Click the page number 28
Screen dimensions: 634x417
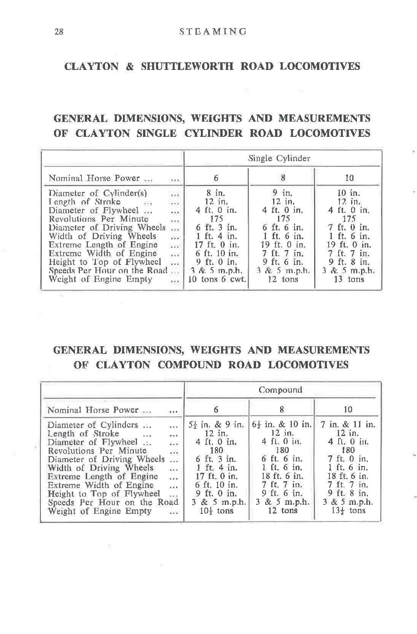tap(59, 32)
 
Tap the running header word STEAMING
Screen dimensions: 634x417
tap(213, 32)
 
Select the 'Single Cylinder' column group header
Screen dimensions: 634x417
tap(279, 158)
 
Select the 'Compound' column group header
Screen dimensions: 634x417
tap(280, 390)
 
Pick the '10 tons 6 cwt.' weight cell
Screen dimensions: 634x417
tap(216, 279)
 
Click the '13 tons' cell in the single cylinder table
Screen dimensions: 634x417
tap(348, 279)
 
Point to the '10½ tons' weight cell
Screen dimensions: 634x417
tap(216, 511)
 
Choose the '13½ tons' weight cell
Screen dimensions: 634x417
tap(348, 511)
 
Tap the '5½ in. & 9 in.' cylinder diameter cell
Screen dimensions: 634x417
tap(216, 425)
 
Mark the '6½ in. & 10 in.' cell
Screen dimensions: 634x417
tap(282, 425)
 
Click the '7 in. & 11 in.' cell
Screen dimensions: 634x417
tap(348, 425)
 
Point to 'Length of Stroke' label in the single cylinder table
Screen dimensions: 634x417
tap(84, 202)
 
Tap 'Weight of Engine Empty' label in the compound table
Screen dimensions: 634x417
tap(99, 511)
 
